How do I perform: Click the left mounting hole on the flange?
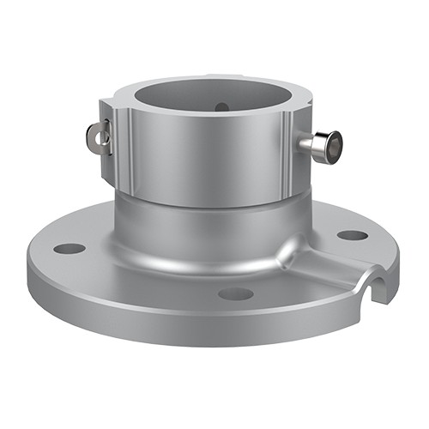point(69,249)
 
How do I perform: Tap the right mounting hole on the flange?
point(352,234)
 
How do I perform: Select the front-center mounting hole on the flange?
point(235,293)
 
